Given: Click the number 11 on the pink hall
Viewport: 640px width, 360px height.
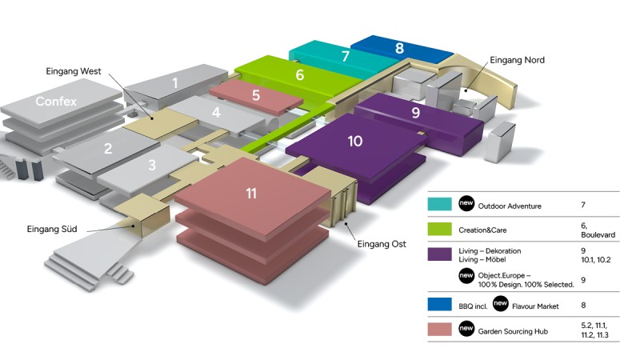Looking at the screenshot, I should click(251, 193).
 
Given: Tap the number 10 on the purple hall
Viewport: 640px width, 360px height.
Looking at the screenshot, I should click(355, 142).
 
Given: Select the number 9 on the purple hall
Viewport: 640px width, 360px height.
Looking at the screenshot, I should click(415, 114).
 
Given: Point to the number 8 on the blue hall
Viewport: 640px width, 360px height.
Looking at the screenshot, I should click(399, 48).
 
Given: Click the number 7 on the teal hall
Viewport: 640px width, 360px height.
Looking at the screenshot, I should click(346, 57).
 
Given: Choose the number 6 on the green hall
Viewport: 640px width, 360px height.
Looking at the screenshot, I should click(299, 75).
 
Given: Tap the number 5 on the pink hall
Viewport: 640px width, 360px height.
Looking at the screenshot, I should click(255, 95).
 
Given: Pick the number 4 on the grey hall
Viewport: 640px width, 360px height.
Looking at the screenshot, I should click(216, 113).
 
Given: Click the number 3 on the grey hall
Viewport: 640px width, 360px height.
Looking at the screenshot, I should click(151, 166).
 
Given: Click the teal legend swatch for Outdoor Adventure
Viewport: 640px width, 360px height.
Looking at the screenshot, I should click(440, 205).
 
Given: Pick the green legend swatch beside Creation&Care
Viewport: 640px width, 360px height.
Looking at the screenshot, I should click(440, 229).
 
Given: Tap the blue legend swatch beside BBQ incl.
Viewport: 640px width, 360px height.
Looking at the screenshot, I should click(440, 304).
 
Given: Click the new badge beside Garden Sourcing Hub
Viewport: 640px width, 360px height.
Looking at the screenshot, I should click(466, 329).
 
